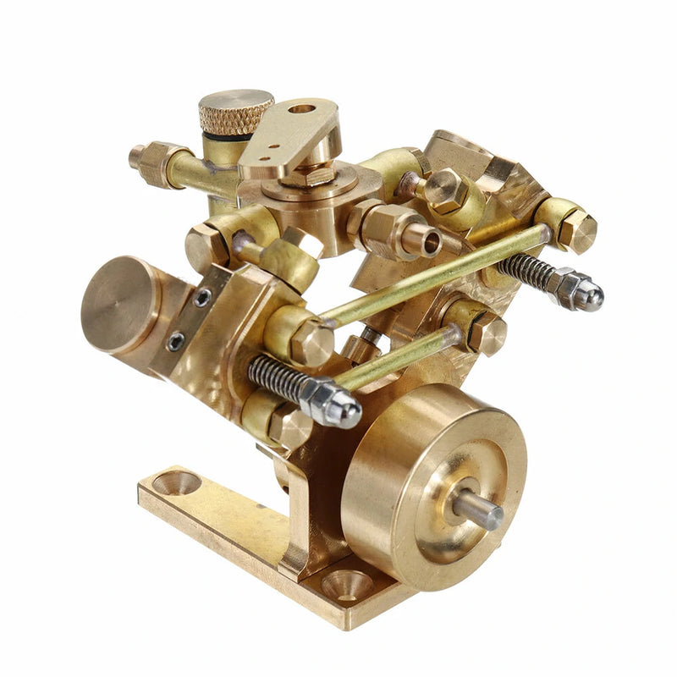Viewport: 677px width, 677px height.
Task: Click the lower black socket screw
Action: click(175, 341)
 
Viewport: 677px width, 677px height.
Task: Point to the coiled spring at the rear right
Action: click(525, 273)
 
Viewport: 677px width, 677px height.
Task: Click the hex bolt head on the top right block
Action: click(446, 191)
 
